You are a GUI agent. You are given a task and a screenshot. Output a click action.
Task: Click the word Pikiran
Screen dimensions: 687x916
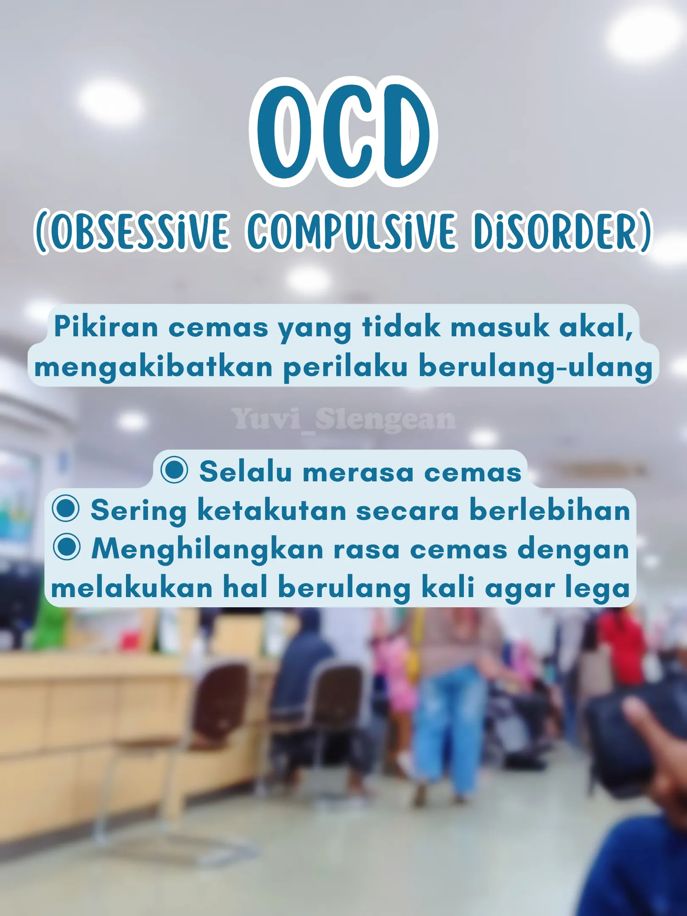pyautogui.click(x=106, y=327)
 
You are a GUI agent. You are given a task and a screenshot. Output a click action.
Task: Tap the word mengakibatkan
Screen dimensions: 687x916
pyautogui.click(x=154, y=367)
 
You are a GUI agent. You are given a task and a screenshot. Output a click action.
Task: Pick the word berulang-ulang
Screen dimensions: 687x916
pyautogui.click(x=536, y=367)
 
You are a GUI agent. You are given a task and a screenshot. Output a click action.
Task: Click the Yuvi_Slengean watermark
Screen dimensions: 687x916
pyautogui.click(x=344, y=420)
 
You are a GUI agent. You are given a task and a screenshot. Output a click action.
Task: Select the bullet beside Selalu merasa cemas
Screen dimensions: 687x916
pyautogui.click(x=174, y=470)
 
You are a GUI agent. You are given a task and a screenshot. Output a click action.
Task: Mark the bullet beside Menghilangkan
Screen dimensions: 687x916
pyautogui.click(x=67, y=547)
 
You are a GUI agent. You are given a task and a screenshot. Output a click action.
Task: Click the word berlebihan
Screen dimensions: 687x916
pyautogui.click(x=550, y=510)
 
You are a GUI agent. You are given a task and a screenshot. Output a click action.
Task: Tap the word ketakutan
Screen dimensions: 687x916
pyautogui.click(x=272, y=510)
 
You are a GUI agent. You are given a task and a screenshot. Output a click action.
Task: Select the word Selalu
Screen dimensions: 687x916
pyautogui.click(x=246, y=471)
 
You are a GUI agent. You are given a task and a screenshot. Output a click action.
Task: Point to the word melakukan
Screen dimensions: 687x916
pyautogui.click(x=132, y=588)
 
